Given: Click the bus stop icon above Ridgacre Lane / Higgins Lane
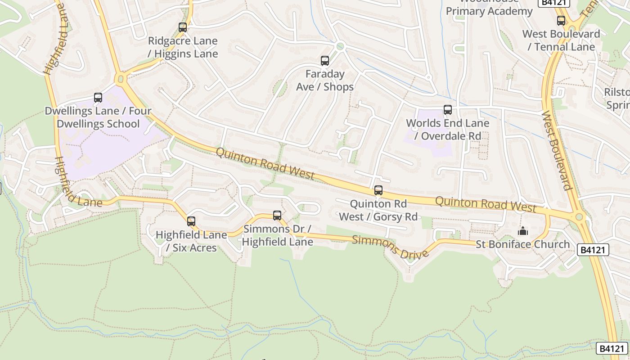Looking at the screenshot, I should (182, 27).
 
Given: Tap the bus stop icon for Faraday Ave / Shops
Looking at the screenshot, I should (324, 60).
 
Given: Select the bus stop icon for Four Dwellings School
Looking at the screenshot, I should (98, 97).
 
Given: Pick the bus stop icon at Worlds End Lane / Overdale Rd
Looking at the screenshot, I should (447, 109).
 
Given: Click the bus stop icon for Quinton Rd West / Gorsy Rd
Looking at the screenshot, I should (378, 190).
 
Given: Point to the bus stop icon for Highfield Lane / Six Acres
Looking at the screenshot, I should (191, 221).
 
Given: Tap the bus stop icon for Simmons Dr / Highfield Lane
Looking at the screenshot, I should (277, 215).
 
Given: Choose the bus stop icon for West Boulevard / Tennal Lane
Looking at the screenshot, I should (561, 20).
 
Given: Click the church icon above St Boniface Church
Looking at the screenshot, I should (522, 231).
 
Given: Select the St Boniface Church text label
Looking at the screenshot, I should (522, 244).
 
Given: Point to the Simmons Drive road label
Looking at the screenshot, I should (390, 247).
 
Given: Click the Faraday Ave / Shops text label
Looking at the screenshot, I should (324, 80).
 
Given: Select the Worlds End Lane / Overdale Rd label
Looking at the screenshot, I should (447, 129).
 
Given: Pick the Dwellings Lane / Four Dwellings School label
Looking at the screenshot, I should (98, 117).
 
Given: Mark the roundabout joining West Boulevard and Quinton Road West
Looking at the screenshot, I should (579, 217).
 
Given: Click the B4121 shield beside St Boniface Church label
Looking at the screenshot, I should (593, 250).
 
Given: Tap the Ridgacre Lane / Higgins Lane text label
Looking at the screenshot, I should (183, 47).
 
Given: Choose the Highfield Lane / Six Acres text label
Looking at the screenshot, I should (191, 241).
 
